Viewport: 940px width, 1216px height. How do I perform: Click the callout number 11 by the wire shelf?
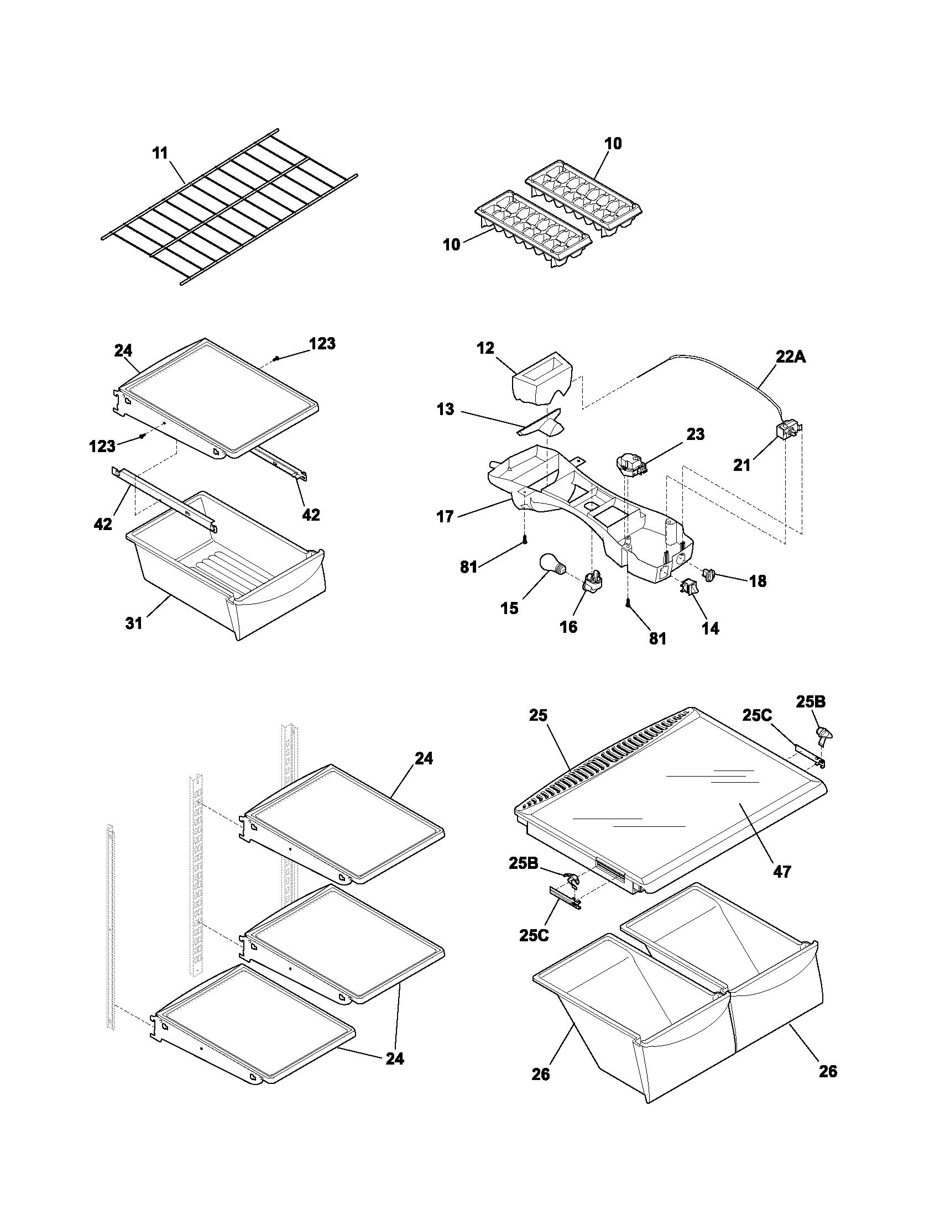coord(160,153)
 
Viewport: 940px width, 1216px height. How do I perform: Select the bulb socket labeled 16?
coord(592,583)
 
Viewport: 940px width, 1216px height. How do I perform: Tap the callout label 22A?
coord(791,357)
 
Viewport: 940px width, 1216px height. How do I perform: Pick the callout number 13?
coord(446,409)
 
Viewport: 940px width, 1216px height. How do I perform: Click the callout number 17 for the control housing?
coord(445,517)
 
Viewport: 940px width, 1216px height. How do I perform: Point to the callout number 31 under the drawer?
coord(134,623)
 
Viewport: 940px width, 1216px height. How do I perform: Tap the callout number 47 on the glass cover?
coord(782,871)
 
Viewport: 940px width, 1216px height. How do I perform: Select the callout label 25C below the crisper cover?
coord(534,935)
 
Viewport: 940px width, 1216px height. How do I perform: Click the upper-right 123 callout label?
coord(322,344)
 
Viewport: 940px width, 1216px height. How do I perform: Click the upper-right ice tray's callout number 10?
coord(613,143)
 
